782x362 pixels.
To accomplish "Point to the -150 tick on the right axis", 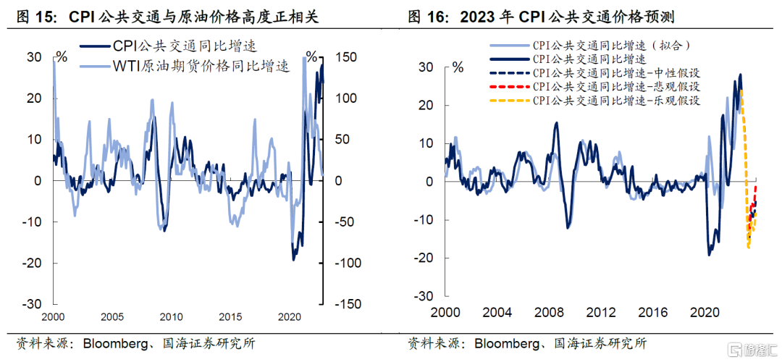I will click(x=348, y=305).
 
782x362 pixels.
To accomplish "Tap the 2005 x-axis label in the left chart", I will click(x=112, y=318).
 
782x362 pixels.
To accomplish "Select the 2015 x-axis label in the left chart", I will click(x=230, y=318).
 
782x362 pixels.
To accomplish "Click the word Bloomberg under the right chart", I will click(x=508, y=343).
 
